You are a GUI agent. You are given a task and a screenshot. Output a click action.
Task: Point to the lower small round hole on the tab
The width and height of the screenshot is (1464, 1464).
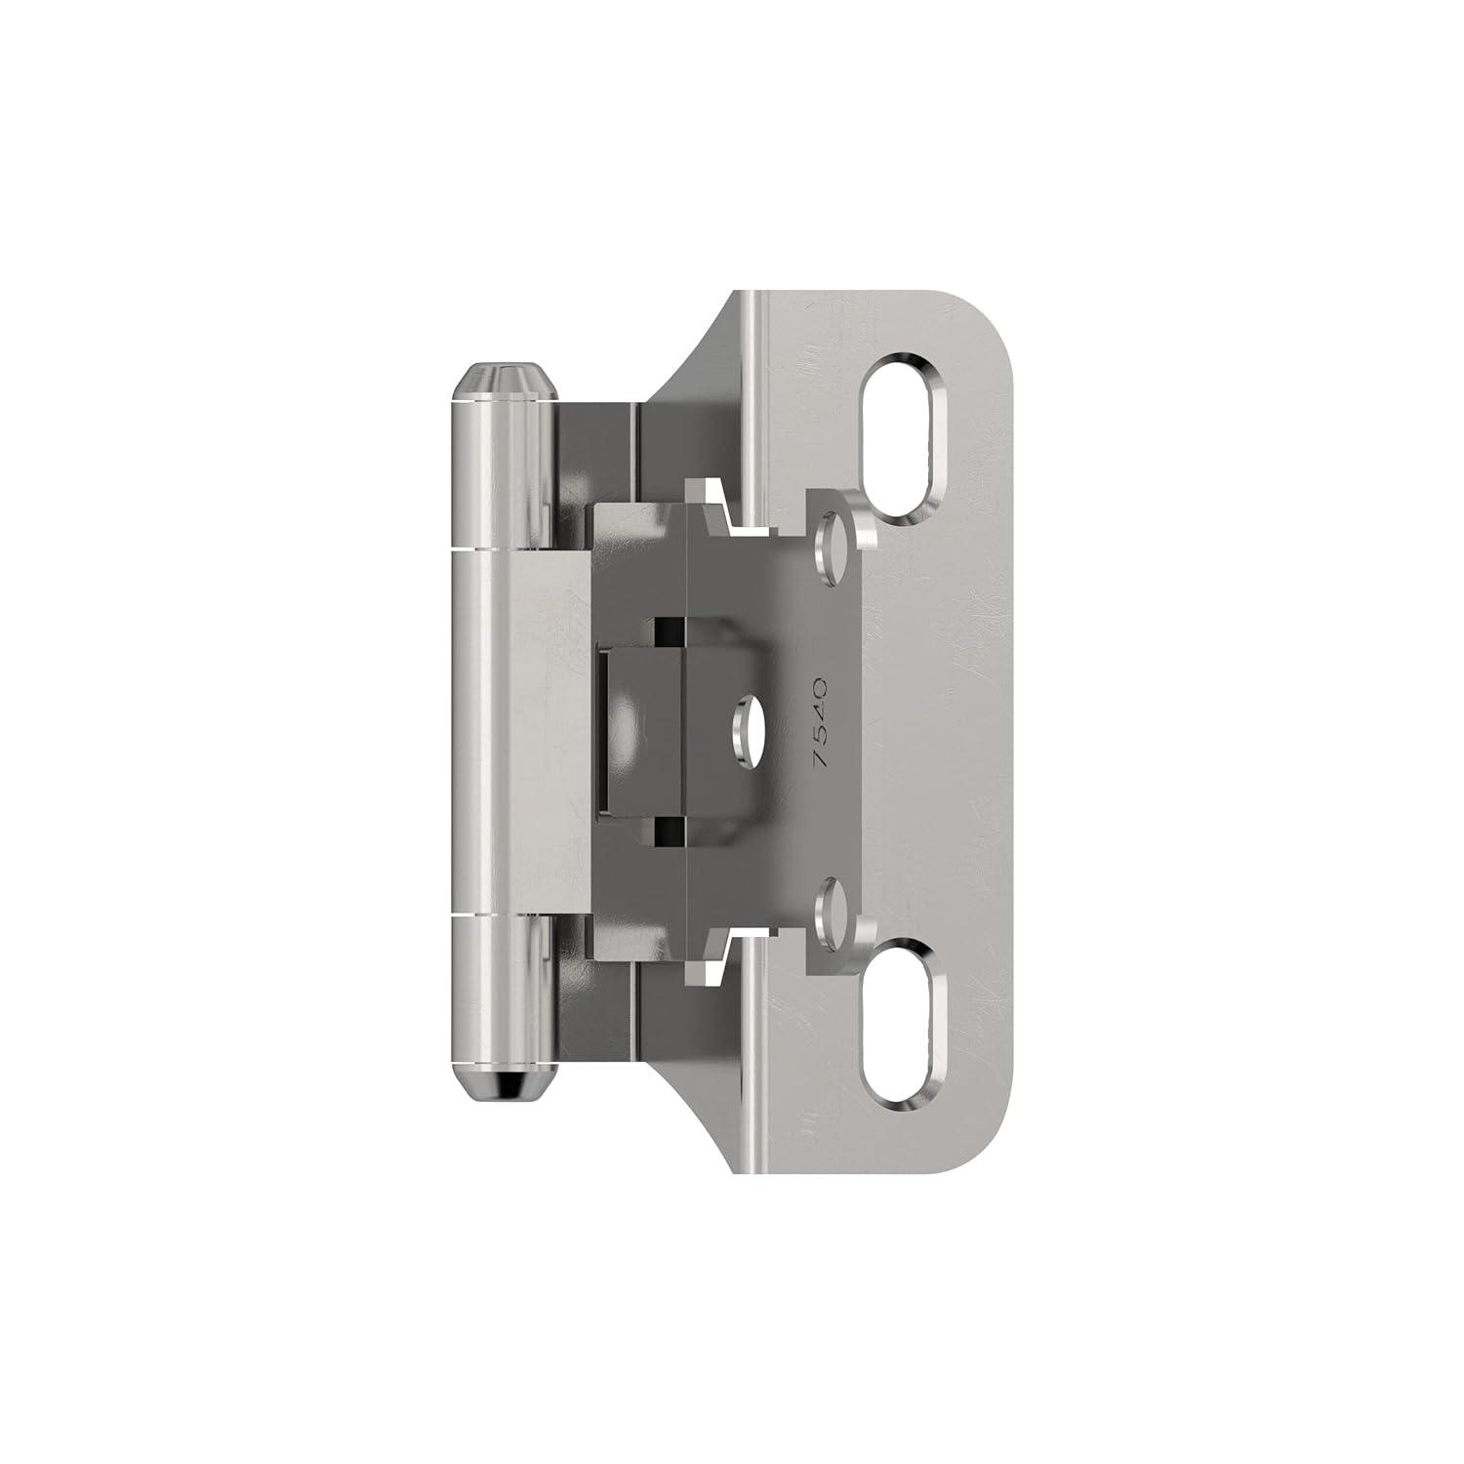[x=833, y=903]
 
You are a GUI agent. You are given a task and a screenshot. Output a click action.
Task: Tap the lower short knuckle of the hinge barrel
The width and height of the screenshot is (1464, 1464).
[x=497, y=986]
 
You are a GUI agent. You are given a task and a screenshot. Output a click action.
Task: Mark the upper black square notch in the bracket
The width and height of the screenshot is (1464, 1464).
[x=670, y=631]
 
